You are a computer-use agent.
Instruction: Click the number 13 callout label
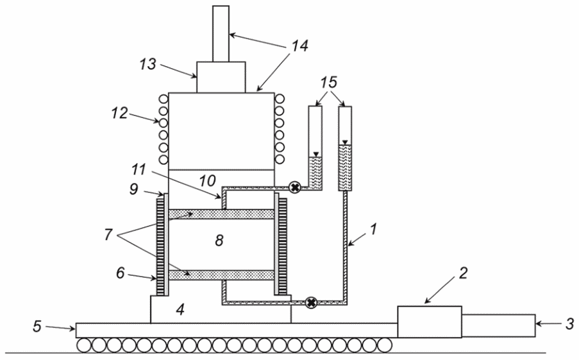pos(147,64)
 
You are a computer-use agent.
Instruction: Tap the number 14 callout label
pos(299,46)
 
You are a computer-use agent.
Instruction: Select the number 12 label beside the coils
pos(120,113)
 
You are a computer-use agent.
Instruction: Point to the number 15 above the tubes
pos(329,82)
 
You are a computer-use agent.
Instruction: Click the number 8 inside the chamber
pos(219,241)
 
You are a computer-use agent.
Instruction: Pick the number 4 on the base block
pos(180,310)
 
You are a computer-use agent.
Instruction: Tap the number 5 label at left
pos(37,326)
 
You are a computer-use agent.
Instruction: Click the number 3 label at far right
pos(570,323)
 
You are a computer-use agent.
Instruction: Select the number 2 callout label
pos(463,273)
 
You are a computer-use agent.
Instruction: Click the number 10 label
pos(207,181)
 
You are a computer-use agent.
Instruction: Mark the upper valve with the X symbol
pos(294,187)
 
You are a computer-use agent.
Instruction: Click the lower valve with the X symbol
pos(312,303)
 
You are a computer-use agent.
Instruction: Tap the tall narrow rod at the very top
pos(221,33)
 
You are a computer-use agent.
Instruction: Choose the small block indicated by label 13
pos(221,77)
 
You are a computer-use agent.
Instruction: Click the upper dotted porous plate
pos(221,214)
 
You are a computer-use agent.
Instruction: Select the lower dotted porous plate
pos(221,275)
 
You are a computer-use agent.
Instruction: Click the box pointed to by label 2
pos(430,321)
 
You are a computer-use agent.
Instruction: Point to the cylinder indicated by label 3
pos(498,325)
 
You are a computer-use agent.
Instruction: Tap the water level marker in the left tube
pos(315,155)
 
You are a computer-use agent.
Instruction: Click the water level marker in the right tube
pos(345,142)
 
